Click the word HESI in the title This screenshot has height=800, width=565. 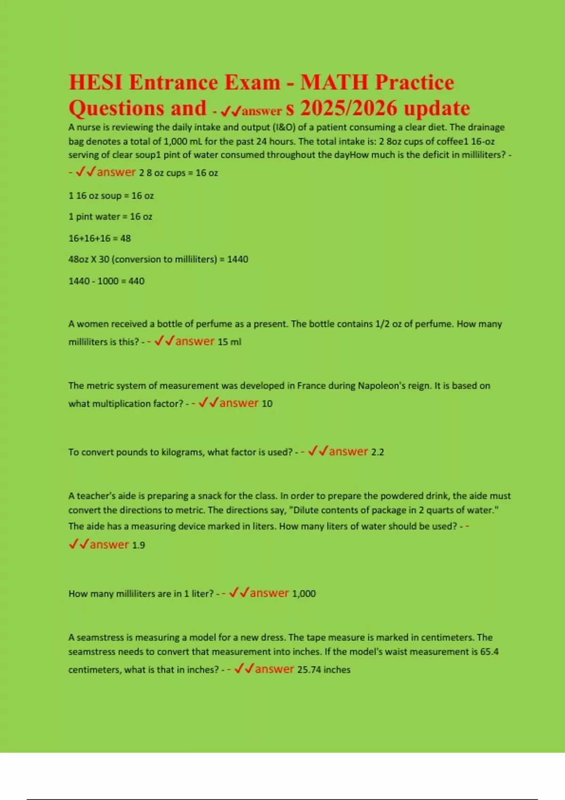[x=96, y=82]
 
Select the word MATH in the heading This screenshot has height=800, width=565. [x=334, y=82]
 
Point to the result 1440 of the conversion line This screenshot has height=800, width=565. [x=238, y=259]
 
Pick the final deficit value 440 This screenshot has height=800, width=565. [x=137, y=281]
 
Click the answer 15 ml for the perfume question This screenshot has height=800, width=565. [x=229, y=342]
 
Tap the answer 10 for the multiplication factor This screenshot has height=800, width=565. [x=267, y=404]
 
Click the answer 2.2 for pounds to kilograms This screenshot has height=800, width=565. [x=378, y=452]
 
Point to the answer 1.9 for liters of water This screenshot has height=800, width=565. [x=138, y=545]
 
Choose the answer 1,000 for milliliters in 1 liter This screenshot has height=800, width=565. [x=304, y=594]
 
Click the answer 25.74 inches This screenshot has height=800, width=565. [x=324, y=670]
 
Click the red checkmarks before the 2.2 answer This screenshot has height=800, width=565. [x=318, y=451]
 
